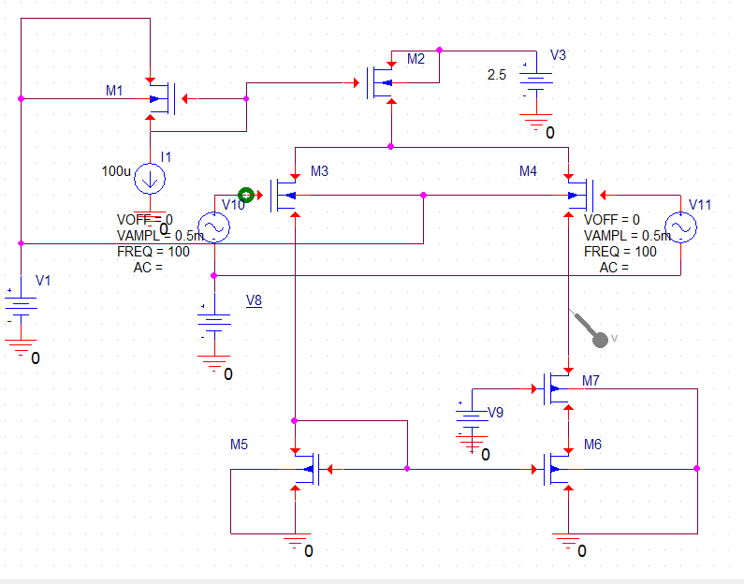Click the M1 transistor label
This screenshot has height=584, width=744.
(114, 91)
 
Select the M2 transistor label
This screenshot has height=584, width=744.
(416, 60)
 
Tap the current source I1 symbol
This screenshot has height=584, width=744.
(149, 178)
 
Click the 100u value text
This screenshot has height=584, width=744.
(116, 171)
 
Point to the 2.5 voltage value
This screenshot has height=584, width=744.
(497, 75)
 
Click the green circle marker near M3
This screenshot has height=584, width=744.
(247, 195)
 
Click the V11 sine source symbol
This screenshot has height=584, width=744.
(680, 227)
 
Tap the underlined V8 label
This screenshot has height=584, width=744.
(254, 300)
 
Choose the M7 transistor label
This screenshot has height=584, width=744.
(591, 381)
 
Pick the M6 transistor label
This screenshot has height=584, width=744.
(591, 445)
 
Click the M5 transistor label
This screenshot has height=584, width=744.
(239, 444)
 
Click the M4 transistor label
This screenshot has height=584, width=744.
(529, 171)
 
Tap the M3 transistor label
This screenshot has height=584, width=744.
(319, 171)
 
